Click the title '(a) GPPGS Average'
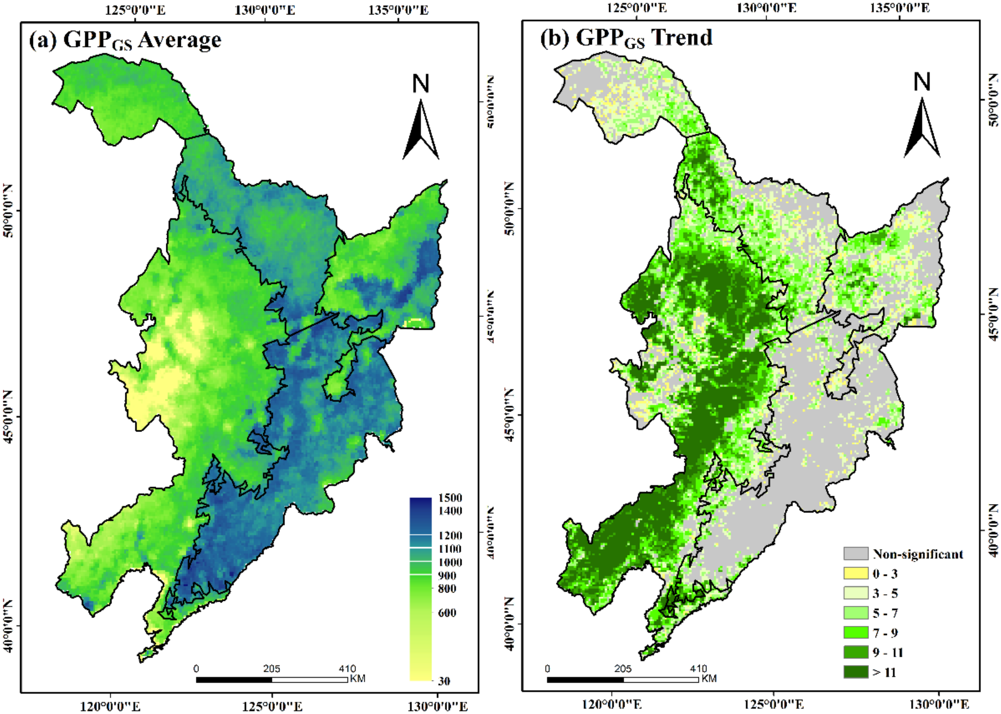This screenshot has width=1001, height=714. pyautogui.click(x=125, y=40)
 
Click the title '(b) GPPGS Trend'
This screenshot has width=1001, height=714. pyautogui.click(x=626, y=38)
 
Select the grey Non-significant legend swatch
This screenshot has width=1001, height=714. pyautogui.click(x=856, y=554)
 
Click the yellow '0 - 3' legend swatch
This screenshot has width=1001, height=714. pyautogui.click(x=856, y=573)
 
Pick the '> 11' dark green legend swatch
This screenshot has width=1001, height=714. pyautogui.click(x=856, y=672)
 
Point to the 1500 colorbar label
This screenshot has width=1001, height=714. pyautogui.click(x=450, y=498)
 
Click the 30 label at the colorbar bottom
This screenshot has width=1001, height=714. pyautogui.click(x=444, y=681)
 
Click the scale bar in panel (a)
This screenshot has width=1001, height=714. pyautogui.click(x=272, y=680)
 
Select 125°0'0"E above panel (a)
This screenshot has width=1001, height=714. pyautogui.click(x=135, y=10)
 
